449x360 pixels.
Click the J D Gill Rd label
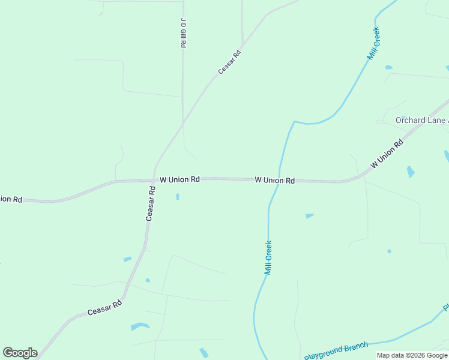coord(182,32)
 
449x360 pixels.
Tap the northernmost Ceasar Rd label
coord(229,62)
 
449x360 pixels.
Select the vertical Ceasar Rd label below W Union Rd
coord(151,203)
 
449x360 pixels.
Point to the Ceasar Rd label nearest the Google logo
coord(104,308)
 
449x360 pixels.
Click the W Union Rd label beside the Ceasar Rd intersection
coord(179,179)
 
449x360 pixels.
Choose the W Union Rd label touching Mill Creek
coord(274,180)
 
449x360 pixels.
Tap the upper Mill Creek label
coord(374,43)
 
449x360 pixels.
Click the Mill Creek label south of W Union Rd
coord(268,257)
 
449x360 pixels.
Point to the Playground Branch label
coord(336,351)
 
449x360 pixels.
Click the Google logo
coord(20,353)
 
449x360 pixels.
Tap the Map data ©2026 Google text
coord(412,356)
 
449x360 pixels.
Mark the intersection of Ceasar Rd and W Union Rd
coord(154,179)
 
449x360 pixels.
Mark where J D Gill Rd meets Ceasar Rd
coord(182,124)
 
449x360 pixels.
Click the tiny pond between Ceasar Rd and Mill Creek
coord(177,196)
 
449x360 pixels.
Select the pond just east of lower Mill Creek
coord(309,215)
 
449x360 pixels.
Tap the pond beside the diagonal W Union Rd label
coord(411,172)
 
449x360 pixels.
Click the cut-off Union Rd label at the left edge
coord(11,199)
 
